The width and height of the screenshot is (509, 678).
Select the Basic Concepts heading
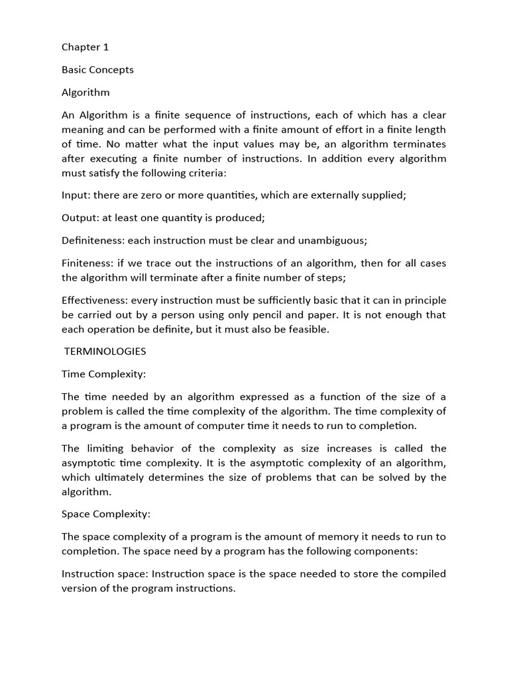pyautogui.click(x=97, y=70)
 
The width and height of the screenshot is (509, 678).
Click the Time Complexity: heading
pyautogui.click(x=103, y=374)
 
